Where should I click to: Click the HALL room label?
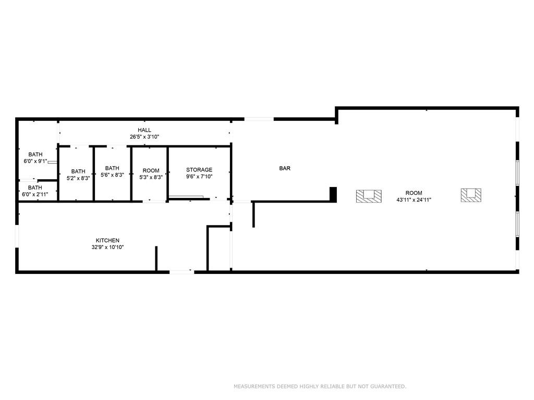[x=144, y=130]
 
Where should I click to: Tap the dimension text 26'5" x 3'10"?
[x=144, y=137]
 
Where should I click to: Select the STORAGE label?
[x=199, y=170]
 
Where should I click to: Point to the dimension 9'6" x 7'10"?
[x=199, y=177]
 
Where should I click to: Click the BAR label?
[x=285, y=168]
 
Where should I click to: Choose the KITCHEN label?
[x=107, y=241]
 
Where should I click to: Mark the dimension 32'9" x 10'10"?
[x=107, y=247]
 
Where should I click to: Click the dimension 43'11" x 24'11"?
[x=414, y=200]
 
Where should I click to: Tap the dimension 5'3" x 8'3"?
[x=151, y=177]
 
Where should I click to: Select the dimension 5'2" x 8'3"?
[x=78, y=178]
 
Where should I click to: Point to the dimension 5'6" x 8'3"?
[x=112, y=175]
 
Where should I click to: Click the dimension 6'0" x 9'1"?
[x=35, y=161]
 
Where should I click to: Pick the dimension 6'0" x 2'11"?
[x=35, y=195]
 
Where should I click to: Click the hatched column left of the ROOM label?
[x=369, y=196]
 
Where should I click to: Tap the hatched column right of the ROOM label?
[x=471, y=195]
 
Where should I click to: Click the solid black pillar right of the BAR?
[x=333, y=195]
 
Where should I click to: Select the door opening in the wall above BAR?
[x=259, y=119]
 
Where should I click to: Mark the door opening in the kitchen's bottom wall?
[x=182, y=272]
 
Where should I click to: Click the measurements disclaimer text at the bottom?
[x=320, y=386]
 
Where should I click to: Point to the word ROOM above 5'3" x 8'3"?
[x=151, y=170]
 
